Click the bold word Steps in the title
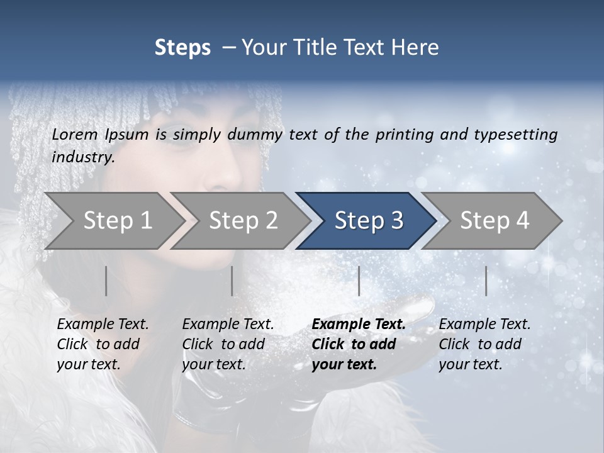pos(182,48)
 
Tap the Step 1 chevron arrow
pos(117,221)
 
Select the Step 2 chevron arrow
pos(243,221)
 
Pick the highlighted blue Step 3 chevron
pos(368,221)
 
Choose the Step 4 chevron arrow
pos(494,221)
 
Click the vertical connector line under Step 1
pos(106,281)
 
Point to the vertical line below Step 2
pos(232,281)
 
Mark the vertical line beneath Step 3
pos(359,281)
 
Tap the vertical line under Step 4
pos(486,281)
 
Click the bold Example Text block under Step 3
pos(358,344)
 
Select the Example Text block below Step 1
pos(103,344)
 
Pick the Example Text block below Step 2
pos(228,344)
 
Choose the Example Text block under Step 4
pos(484,344)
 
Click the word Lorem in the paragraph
pos(75,134)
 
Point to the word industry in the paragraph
pos(82,157)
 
